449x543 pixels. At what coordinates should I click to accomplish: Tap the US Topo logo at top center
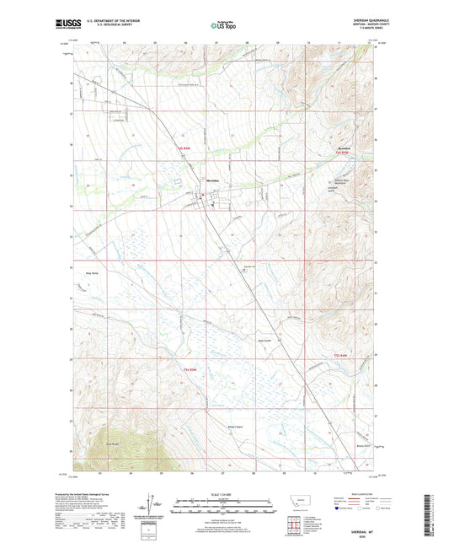pyautogui.click(x=223, y=25)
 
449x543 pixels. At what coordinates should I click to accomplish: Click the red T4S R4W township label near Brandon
pyautogui.click(x=339, y=152)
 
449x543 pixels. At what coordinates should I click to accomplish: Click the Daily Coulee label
pyautogui.click(x=264, y=341)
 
